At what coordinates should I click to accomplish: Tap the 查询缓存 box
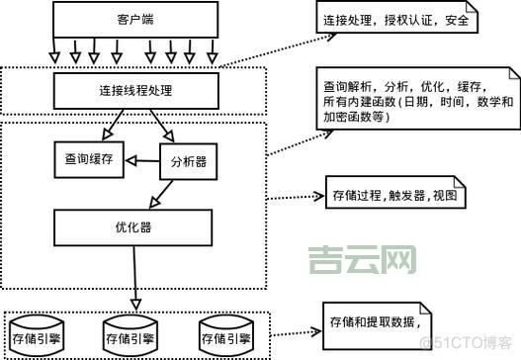88,160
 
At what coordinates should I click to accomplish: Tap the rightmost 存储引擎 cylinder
229,335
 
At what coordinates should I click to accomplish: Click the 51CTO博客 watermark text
474,343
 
